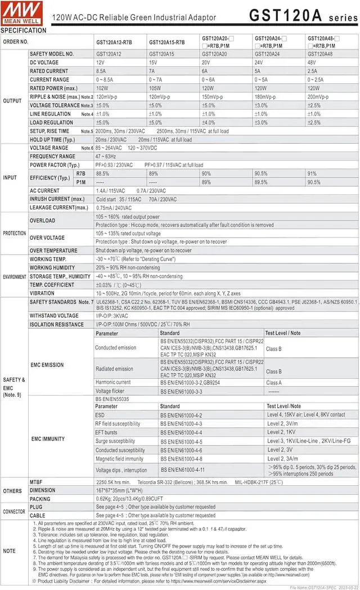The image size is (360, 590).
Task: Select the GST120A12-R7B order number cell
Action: (x=114, y=42)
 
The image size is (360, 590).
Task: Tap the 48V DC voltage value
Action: (x=312, y=62)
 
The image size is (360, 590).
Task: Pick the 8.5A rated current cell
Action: (x=101, y=71)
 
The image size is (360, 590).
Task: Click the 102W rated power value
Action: (x=102, y=88)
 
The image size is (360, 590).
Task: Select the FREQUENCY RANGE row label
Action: (x=52, y=156)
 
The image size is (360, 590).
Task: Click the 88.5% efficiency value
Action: (x=102, y=173)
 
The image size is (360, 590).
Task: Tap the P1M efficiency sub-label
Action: (x=81, y=182)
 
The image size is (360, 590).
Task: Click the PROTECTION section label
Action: (x=13, y=233)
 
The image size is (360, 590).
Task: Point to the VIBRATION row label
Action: (x=42, y=293)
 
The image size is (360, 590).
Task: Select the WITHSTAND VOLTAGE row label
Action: (x=54, y=316)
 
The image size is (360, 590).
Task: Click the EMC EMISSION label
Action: (x=47, y=365)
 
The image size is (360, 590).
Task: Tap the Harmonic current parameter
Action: (x=112, y=382)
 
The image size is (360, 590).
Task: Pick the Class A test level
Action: (x=274, y=382)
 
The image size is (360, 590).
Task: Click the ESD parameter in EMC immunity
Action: (x=100, y=414)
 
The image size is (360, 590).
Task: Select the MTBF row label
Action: (x=36, y=482)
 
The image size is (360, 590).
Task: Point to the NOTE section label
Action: (x=10, y=551)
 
